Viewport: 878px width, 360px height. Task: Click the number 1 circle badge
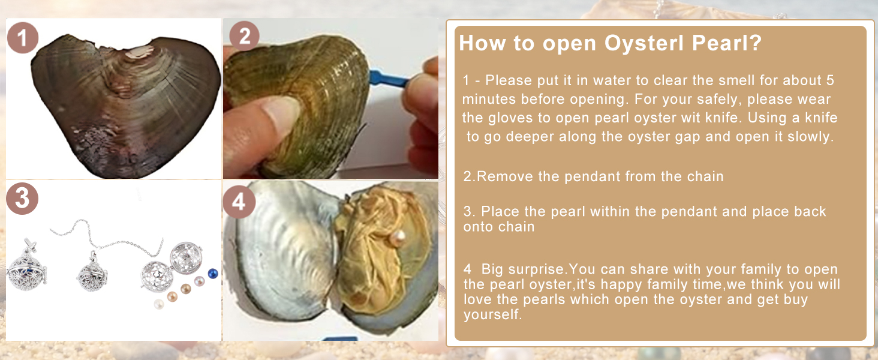click(x=22, y=38)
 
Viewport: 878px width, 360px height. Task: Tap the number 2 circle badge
click(x=244, y=36)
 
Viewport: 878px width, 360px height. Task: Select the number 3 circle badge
click(x=22, y=199)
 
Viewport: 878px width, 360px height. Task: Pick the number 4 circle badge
click(x=239, y=202)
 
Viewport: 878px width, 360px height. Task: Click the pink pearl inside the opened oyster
click(x=398, y=238)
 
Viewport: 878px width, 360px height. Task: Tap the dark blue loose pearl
click(x=213, y=274)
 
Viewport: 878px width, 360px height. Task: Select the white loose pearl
click(x=159, y=304)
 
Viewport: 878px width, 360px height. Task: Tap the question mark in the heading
click(x=755, y=43)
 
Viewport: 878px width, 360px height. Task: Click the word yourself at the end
click(x=492, y=314)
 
